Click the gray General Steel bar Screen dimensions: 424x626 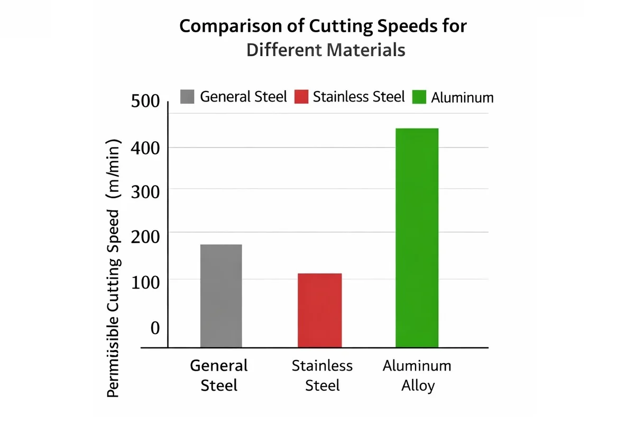point(221,296)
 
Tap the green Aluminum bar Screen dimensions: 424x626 point(417,237)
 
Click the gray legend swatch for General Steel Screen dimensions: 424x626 point(187,97)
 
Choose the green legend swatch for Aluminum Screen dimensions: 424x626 point(419,97)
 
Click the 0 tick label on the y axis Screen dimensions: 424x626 point(155,328)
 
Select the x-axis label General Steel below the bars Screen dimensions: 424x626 point(219,375)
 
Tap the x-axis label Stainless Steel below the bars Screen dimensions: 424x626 point(322,375)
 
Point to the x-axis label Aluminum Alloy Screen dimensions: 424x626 point(417,375)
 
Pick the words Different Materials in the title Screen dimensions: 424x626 point(326,50)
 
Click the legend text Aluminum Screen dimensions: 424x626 point(462,97)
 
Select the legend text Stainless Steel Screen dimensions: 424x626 point(358,97)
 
